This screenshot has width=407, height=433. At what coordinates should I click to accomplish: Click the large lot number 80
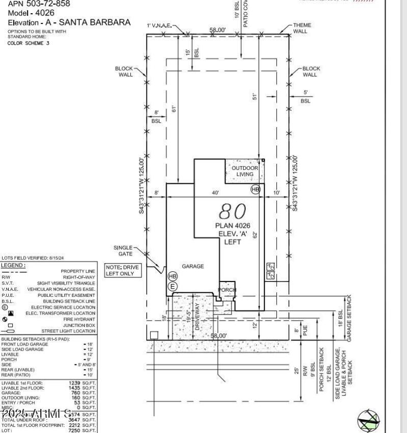232,211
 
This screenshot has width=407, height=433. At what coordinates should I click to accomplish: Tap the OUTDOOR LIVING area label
245,171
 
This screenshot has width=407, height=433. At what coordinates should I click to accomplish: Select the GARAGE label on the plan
193,266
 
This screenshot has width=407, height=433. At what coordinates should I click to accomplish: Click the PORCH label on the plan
227,290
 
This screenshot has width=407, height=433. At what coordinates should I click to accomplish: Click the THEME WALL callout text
302,28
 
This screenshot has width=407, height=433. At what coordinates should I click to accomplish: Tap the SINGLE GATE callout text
123,251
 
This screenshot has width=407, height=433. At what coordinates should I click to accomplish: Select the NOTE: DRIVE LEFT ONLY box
122,270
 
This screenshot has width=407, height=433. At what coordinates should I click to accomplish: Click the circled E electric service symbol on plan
172,287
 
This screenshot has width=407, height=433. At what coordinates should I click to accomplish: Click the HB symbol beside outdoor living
255,189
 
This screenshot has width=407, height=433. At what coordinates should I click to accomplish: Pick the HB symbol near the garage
172,276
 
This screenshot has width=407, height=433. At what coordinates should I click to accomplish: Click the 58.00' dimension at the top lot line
218,30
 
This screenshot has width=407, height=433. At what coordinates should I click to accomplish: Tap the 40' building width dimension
216,193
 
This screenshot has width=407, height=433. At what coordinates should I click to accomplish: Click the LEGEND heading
13,265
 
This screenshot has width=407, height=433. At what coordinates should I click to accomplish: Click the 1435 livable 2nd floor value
75,388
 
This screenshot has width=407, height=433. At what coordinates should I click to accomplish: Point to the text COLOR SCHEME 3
28,43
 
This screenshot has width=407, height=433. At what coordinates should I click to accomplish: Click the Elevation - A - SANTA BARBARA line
69,22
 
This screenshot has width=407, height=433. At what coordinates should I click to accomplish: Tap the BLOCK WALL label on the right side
311,72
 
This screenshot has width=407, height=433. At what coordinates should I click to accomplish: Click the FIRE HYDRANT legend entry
79,319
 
